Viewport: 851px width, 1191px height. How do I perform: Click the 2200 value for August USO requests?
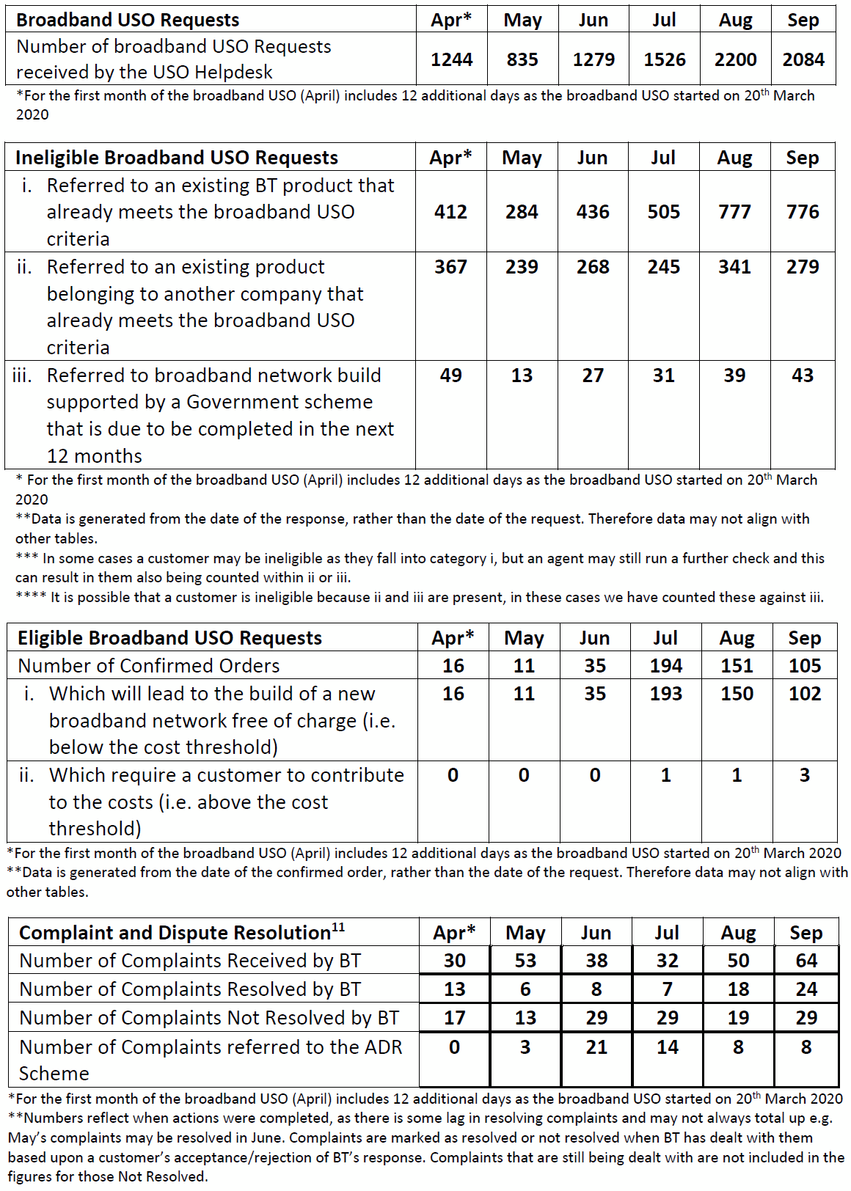pos(735,59)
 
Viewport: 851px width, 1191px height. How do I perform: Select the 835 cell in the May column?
pos(522,59)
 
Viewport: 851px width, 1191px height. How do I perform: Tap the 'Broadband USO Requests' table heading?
pos(128,20)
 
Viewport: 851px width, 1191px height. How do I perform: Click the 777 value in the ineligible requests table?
pos(734,212)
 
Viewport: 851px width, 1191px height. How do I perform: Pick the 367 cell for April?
pos(450,267)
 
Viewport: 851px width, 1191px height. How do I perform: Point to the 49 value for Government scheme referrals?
pos(450,375)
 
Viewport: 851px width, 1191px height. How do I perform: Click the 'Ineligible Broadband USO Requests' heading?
pos(177,158)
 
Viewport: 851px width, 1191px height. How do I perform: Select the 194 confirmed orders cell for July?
pos(665,666)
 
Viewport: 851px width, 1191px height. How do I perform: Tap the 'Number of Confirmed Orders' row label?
pos(149,666)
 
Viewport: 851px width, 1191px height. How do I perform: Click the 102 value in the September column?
pos(805,694)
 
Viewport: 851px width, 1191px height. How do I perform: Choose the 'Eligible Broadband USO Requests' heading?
pos(170,638)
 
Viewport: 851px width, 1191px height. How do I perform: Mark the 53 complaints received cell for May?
pos(525,961)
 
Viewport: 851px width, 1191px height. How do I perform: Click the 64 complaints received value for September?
pos(806,961)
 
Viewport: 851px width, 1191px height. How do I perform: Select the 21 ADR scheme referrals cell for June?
pos(596,1047)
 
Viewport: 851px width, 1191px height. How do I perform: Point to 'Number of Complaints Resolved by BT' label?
pos(190,989)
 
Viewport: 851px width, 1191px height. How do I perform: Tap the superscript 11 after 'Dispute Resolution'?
pos(338,927)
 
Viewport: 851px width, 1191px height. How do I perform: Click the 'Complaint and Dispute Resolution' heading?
pos(175,933)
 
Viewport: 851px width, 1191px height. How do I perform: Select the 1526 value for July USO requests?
pos(665,59)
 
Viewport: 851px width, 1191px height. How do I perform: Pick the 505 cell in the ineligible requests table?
pos(663,212)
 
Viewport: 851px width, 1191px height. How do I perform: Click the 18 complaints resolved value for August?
pos(738,989)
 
